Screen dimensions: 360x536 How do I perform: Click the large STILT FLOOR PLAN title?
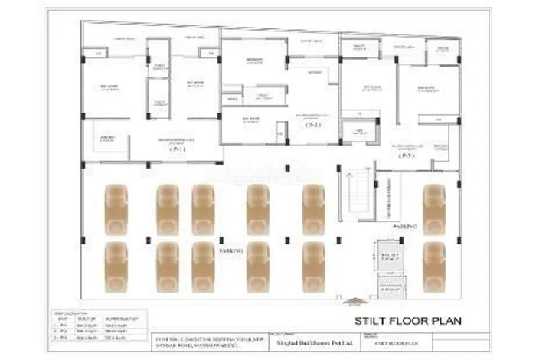coord(407,320)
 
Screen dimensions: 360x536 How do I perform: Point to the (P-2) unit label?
coord(312,125)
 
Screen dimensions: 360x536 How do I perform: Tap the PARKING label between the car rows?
coord(231,250)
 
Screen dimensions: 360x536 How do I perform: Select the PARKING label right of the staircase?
coord(404,227)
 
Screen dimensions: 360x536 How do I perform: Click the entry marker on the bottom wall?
coord(354,301)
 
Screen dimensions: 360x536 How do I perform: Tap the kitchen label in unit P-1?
coord(103,139)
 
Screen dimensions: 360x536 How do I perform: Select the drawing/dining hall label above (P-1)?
coord(177,140)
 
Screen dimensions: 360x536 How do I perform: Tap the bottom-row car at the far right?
coord(434,266)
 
